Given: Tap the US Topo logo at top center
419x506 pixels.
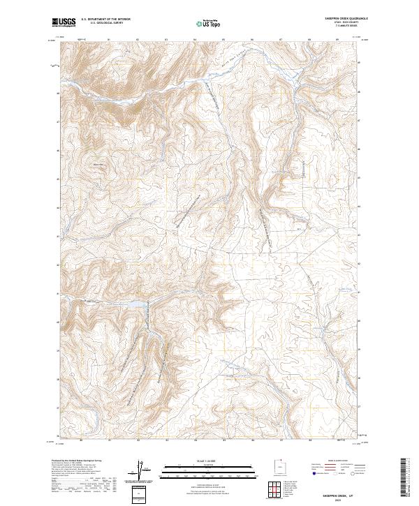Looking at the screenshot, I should point(209,23).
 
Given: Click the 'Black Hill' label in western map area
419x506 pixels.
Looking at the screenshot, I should point(97,165).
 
